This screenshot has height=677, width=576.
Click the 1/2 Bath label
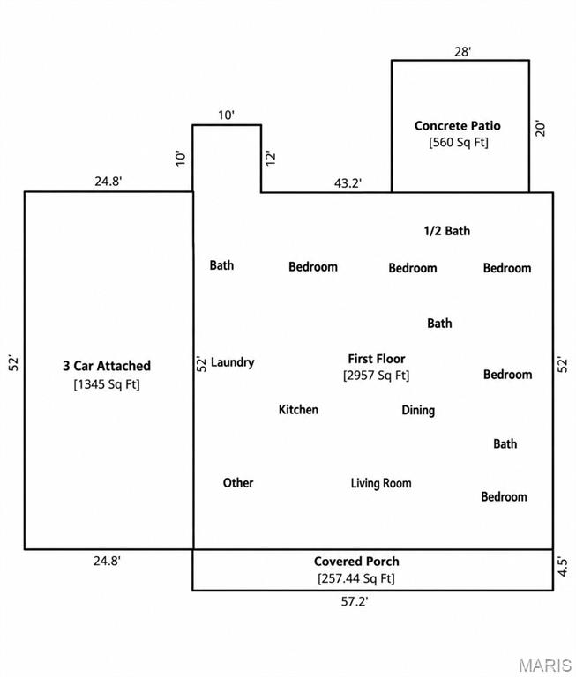click(x=447, y=231)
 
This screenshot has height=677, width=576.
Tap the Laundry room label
click(x=233, y=362)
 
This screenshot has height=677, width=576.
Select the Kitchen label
click(x=298, y=409)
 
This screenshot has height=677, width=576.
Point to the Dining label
click(x=418, y=410)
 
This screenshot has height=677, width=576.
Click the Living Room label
click(x=381, y=483)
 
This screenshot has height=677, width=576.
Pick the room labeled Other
click(x=238, y=483)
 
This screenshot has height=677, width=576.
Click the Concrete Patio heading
click(x=458, y=126)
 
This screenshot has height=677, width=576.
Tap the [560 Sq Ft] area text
click(x=459, y=142)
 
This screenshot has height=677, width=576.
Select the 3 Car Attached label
click(x=107, y=366)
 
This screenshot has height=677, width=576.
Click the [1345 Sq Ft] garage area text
click(x=107, y=383)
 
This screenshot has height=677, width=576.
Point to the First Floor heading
click(x=377, y=359)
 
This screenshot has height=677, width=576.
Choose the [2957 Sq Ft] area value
click(x=377, y=376)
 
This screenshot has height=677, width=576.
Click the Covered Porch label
click(x=356, y=562)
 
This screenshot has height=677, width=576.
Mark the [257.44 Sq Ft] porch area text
click(x=356, y=578)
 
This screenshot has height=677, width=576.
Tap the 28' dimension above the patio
click(x=462, y=52)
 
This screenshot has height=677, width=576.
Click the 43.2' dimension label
click(x=348, y=183)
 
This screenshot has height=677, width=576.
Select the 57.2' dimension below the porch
click(x=355, y=601)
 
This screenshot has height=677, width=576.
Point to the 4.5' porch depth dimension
click(x=562, y=567)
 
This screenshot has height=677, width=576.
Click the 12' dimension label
click(x=270, y=158)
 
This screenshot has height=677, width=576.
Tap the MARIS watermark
click(x=545, y=666)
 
